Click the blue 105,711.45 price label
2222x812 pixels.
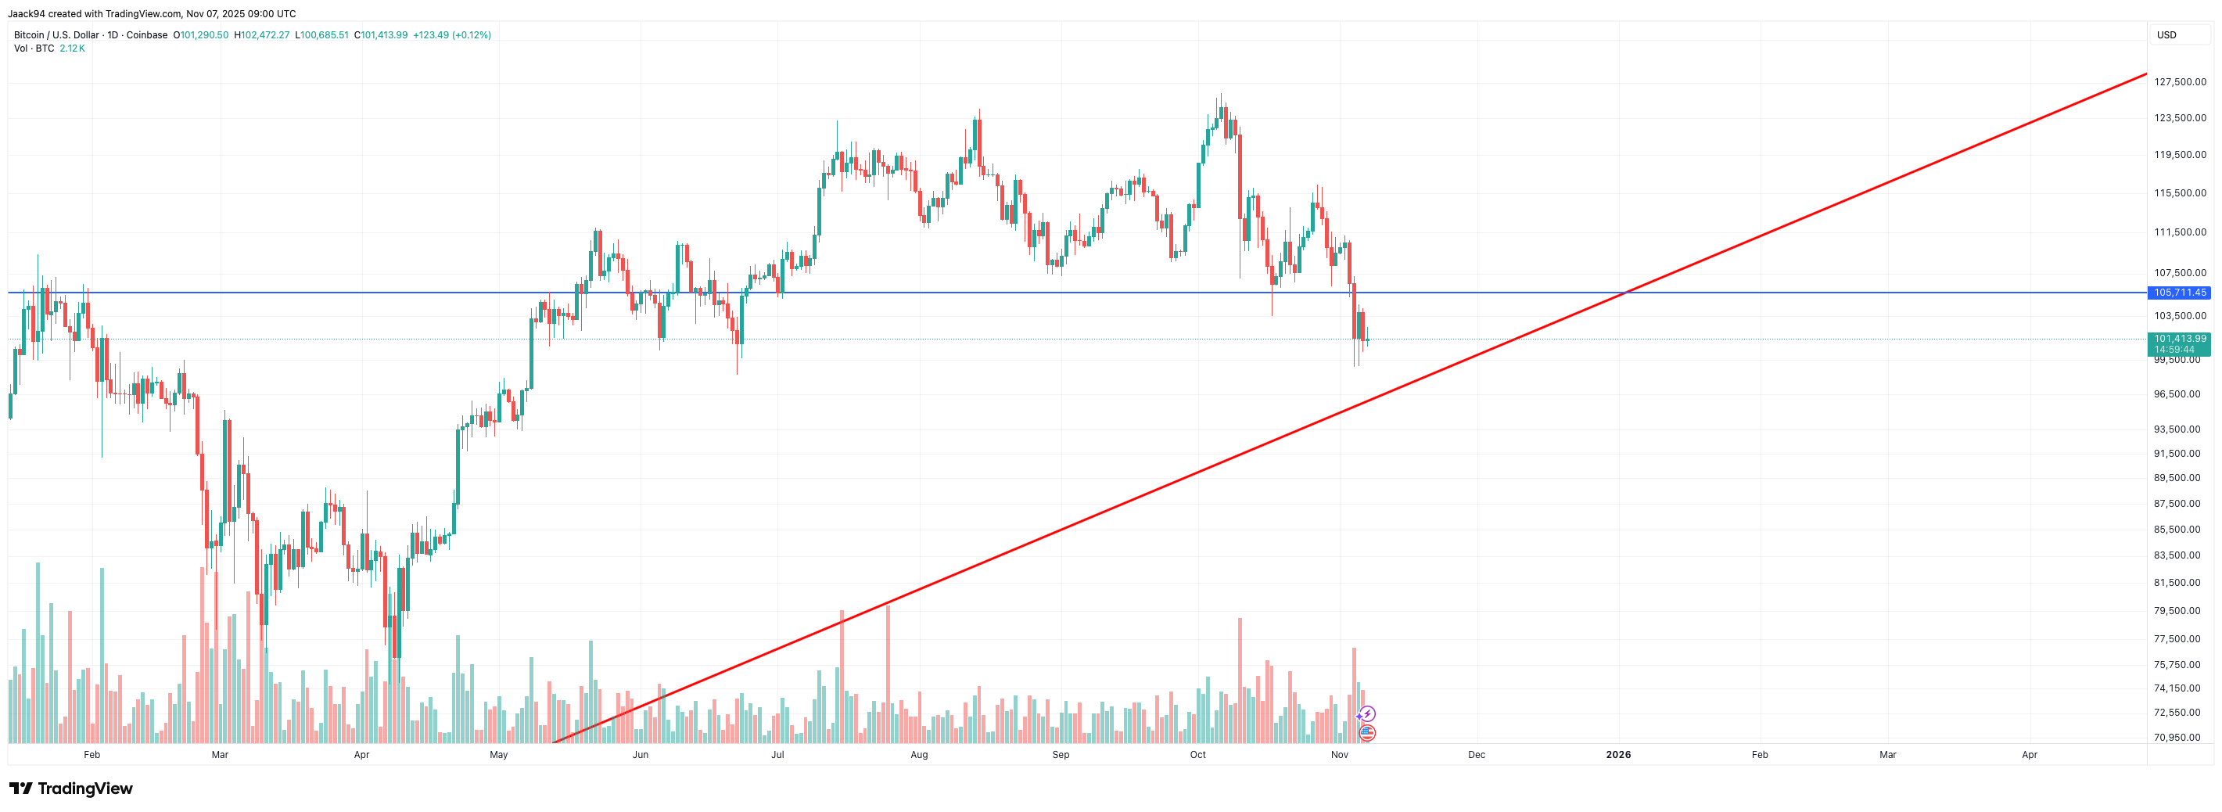[2179, 293]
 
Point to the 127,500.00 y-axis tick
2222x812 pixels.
[2180, 82]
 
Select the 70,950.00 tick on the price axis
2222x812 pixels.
[2177, 738]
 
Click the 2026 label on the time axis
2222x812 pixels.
[1618, 755]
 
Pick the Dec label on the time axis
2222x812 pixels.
[1477, 755]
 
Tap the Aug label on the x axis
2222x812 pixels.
[920, 755]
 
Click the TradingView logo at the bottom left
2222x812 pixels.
[70, 789]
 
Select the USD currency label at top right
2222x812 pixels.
[2166, 35]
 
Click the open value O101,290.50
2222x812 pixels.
[201, 35]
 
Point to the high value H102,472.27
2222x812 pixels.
[262, 35]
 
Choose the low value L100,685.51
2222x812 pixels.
[321, 35]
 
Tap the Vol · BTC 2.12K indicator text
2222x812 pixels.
[49, 49]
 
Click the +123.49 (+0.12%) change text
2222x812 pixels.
[452, 35]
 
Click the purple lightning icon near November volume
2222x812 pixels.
[1367, 713]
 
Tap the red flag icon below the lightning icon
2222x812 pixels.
[1367, 733]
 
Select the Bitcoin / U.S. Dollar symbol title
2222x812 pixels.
[56, 35]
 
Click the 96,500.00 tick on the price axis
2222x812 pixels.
[2177, 394]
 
